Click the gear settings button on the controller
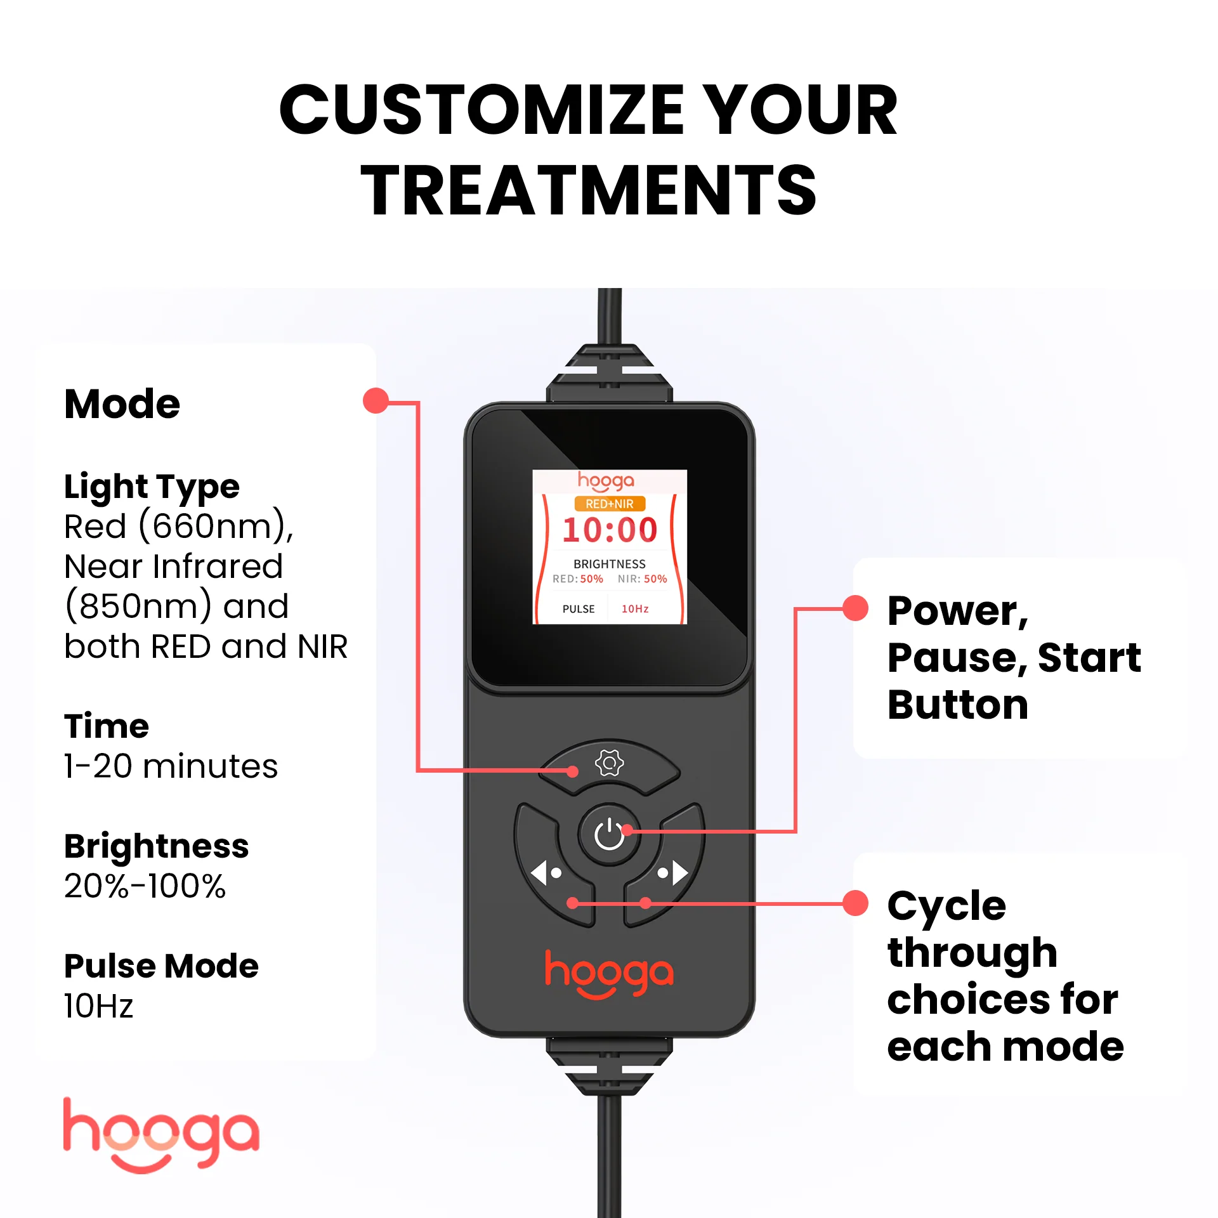609,763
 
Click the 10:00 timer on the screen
609,530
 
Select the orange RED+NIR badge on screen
609,504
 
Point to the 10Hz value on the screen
635,609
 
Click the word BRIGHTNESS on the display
609,564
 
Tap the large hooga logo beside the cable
161,1136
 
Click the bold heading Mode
122,404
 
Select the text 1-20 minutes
171,766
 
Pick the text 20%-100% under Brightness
145,886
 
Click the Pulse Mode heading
161,966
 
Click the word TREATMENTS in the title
589,190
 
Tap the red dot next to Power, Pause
855,608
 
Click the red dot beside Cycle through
855,903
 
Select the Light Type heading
152,487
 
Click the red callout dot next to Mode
376,401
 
